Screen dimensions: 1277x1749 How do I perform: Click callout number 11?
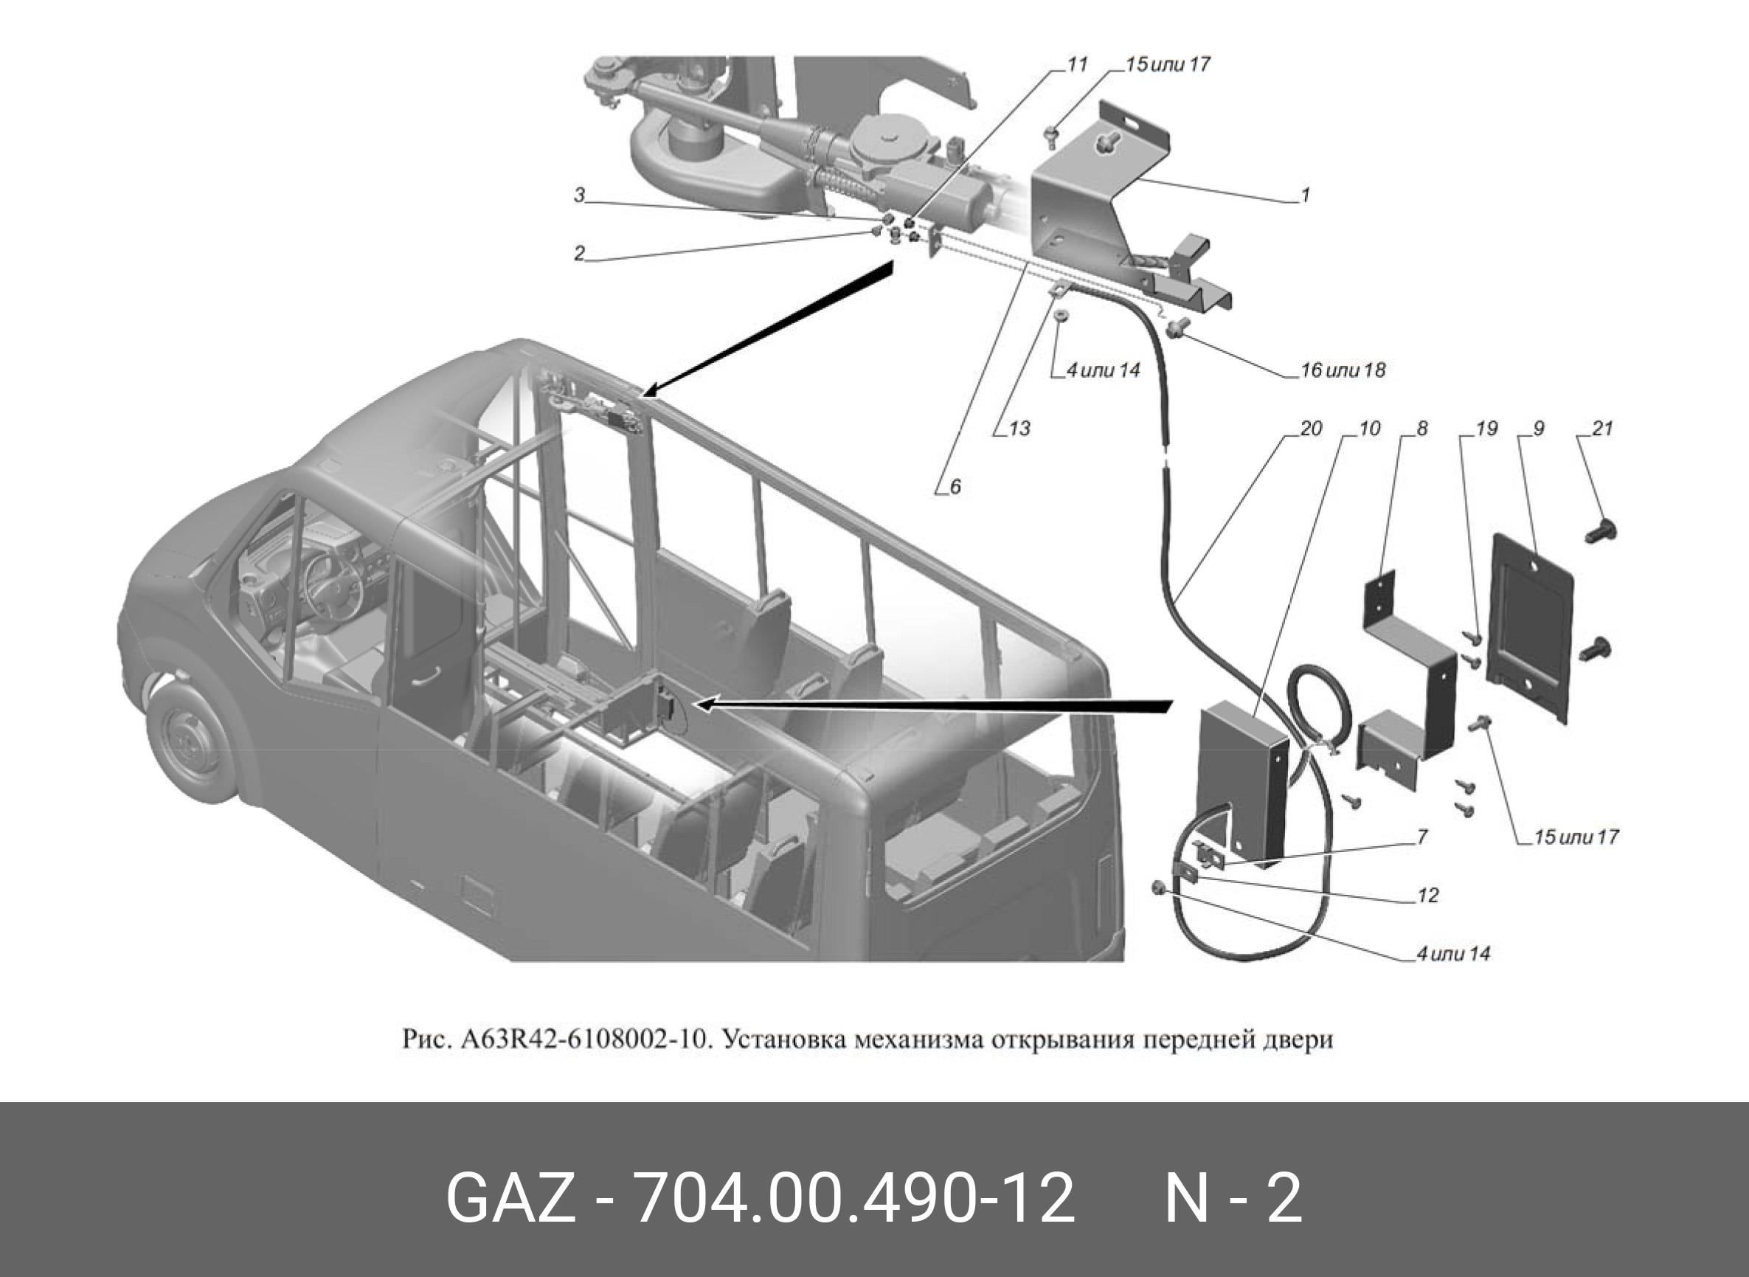1076,65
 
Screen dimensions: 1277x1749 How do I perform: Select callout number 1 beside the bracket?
1306,195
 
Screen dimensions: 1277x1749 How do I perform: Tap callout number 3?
580,195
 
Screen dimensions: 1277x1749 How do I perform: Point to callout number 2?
580,254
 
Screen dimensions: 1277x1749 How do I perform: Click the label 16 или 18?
1343,370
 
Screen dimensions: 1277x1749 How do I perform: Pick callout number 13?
1019,428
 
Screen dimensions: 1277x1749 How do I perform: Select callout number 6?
955,487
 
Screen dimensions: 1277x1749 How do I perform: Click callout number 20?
1311,428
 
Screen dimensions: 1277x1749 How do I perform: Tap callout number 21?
1602,428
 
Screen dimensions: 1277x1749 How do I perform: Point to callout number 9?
1538,428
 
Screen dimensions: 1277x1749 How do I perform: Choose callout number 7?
1422,837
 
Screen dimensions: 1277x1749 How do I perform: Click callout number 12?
1427,895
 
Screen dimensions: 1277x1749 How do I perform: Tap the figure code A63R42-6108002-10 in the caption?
583,1039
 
